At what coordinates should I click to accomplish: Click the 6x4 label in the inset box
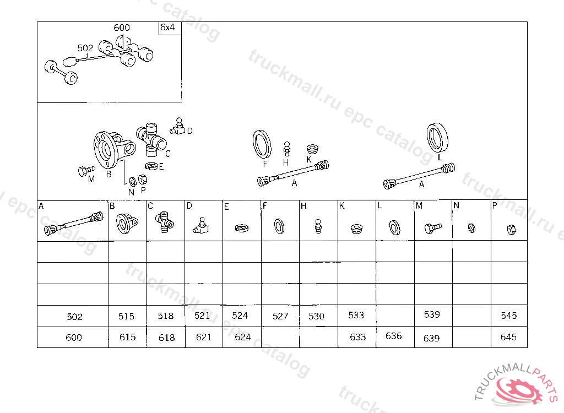(x=167, y=28)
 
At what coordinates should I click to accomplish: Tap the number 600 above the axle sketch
(x=122, y=28)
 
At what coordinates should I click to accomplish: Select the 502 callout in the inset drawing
(x=85, y=48)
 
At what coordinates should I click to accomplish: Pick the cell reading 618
(x=166, y=338)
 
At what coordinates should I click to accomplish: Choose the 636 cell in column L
(x=393, y=336)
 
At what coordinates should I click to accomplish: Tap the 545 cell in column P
(x=508, y=316)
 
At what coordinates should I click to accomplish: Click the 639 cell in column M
(x=432, y=338)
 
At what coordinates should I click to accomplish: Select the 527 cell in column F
(x=280, y=316)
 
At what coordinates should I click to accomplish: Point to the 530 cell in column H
(x=317, y=316)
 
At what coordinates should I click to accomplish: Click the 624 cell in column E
(x=242, y=337)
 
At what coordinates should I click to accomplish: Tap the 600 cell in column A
(x=74, y=338)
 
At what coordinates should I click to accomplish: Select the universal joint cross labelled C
(x=151, y=140)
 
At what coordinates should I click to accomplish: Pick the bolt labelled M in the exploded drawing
(x=86, y=171)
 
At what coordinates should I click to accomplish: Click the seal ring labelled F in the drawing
(x=262, y=144)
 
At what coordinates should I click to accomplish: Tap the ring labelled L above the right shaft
(x=437, y=137)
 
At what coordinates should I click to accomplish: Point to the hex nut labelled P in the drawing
(x=143, y=179)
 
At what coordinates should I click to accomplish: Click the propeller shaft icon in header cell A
(x=73, y=224)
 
